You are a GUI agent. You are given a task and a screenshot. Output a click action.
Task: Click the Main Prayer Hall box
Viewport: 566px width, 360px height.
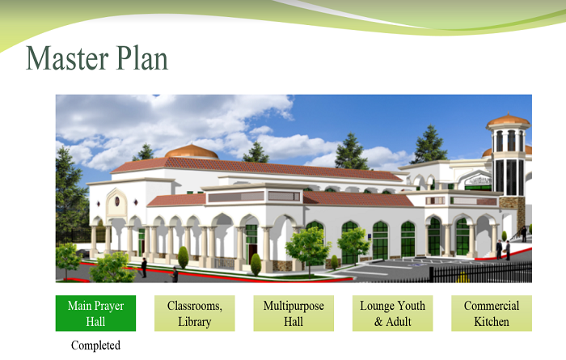[x=95, y=313]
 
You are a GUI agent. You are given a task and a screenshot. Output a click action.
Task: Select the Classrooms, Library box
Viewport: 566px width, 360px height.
[x=195, y=313]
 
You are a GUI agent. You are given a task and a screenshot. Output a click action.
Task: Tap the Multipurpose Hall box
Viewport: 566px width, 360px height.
[x=294, y=313]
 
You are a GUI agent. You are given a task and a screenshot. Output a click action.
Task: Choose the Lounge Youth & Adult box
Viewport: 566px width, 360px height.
[x=392, y=313]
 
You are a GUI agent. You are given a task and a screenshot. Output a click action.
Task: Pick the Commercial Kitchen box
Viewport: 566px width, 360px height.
[x=492, y=313]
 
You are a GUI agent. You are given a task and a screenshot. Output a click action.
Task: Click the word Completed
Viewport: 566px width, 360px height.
[x=95, y=345]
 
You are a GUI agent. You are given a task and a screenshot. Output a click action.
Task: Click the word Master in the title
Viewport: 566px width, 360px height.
[x=67, y=57]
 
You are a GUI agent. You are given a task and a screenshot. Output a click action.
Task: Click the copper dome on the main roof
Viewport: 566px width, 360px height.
[x=192, y=151]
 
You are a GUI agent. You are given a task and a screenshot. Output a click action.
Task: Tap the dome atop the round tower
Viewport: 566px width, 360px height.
[x=509, y=120]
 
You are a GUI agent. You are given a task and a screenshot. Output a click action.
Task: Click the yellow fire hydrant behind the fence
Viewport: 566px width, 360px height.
[x=462, y=277]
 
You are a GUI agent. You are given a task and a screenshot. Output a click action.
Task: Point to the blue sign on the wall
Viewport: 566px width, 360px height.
[x=370, y=237]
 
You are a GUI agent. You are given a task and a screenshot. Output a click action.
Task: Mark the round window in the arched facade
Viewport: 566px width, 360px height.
[x=117, y=201]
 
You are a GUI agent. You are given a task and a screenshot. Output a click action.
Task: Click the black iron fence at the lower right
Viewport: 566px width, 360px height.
[x=480, y=273]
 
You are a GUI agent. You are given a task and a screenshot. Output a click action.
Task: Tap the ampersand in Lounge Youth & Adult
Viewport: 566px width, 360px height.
[x=378, y=321]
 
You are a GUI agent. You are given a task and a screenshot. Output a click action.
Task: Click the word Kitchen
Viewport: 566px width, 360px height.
[x=492, y=321]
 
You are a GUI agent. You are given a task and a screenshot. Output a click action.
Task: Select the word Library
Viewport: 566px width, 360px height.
[x=195, y=322]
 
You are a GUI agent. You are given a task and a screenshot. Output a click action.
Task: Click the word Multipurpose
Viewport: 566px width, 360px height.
[x=294, y=306]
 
